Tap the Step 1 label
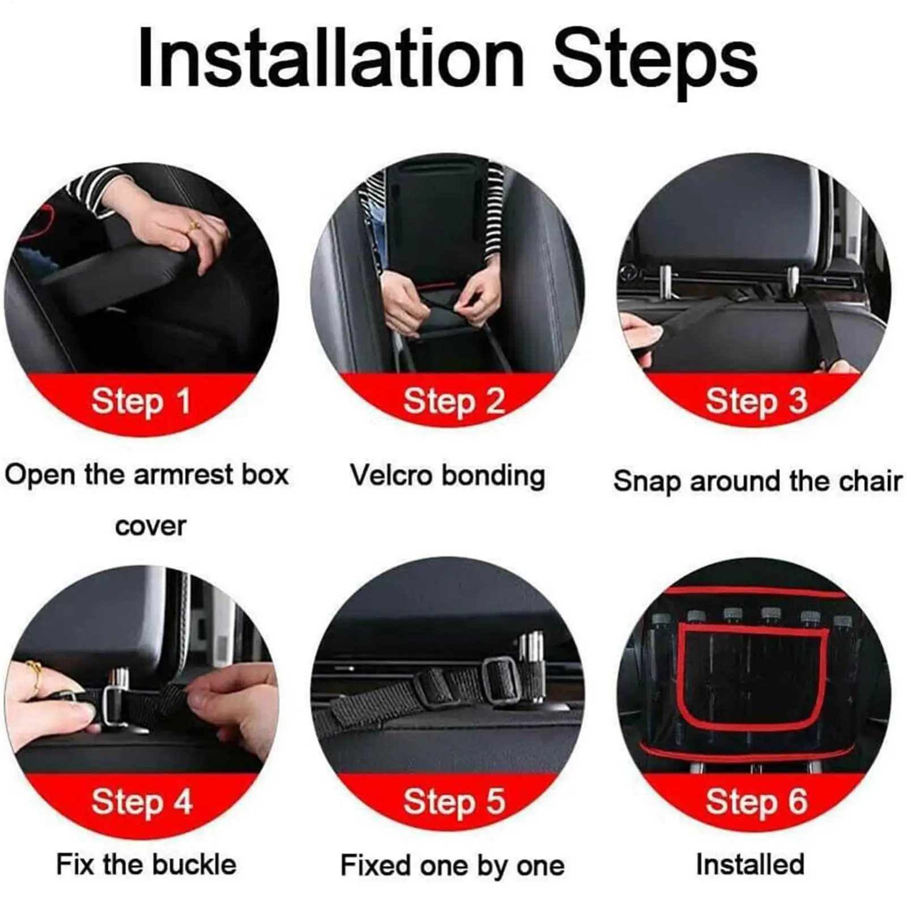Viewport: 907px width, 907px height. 140,402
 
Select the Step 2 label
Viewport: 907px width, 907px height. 453,402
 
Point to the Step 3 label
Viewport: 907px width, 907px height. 756,402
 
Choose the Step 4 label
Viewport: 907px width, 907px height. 142,802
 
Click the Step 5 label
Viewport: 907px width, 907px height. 453,802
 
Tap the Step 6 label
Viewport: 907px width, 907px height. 756,802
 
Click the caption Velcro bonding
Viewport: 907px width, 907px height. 447,476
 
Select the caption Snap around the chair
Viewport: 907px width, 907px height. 757,482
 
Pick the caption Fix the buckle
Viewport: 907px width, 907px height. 146,865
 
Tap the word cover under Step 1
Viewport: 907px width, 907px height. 150,526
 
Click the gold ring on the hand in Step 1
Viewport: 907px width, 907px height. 193,225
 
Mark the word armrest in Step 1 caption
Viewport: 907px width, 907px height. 184,475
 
